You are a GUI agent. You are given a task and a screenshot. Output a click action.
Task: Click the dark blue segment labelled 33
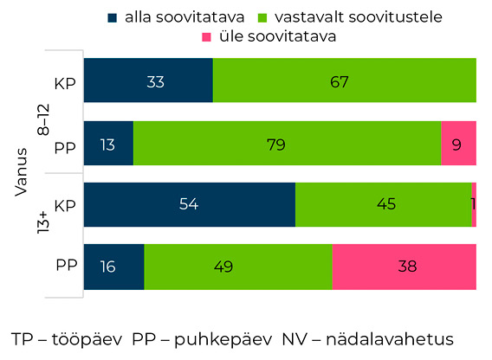pos(147,82)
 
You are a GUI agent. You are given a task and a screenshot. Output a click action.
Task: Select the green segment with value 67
pos(344,82)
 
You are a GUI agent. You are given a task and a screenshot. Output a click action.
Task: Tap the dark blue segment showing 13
pos(108,143)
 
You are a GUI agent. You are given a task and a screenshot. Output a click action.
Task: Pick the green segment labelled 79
pos(287,143)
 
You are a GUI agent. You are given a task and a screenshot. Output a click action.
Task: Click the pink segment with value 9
pos(458,143)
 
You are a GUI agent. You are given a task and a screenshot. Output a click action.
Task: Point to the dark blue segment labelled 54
pos(189,205)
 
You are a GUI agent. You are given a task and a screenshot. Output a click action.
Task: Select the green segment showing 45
pos(383,205)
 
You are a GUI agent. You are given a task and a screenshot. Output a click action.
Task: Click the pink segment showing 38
pos(404,267)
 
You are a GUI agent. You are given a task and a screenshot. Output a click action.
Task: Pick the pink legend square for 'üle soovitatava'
pos(207,36)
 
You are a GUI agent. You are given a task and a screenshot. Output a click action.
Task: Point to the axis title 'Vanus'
pos(23,174)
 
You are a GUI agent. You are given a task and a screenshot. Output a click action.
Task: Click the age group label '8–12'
pos(43,112)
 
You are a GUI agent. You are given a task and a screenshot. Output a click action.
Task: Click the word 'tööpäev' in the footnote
pos(86,337)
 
